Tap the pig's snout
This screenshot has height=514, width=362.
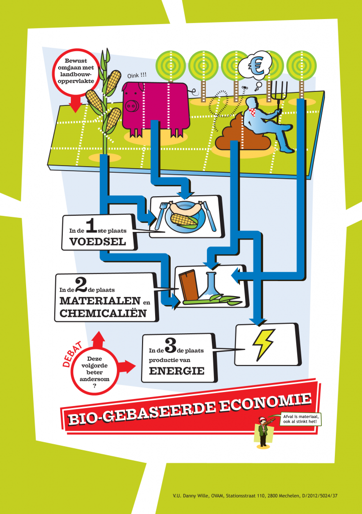click(x=132, y=106)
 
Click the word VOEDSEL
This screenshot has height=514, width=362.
click(x=98, y=242)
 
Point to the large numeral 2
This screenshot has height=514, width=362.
click(x=81, y=284)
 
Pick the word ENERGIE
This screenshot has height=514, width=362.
click(x=177, y=371)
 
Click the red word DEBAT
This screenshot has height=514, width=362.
click(x=73, y=354)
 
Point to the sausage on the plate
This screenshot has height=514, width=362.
click(x=185, y=208)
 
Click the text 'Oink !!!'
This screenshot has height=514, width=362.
click(x=137, y=76)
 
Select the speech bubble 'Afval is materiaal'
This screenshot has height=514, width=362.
click(x=300, y=419)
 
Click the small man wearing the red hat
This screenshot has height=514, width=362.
click(x=263, y=432)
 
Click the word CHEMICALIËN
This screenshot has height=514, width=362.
click(x=103, y=313)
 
